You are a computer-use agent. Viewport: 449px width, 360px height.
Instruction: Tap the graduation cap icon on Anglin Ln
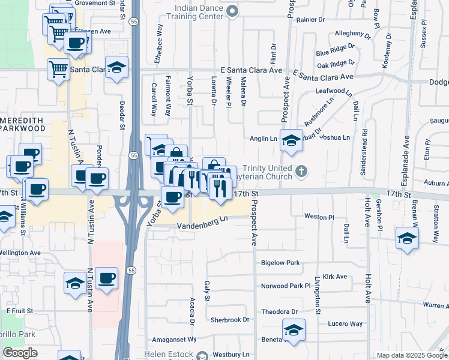click(x=291, y=140)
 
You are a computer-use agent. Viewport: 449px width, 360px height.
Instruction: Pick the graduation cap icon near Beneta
click(x=294, y=330)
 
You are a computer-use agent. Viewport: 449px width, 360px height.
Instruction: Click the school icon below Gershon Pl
click(x=407, y=238)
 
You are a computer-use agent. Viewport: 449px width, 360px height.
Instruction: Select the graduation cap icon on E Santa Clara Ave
click(x=117, y=67)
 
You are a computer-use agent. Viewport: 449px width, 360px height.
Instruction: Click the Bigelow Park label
click(x=280, y=263)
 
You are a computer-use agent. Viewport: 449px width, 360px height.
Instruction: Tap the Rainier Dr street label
click(x=310, y=19)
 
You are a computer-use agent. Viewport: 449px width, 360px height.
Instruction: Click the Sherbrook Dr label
click(x=227, y=320)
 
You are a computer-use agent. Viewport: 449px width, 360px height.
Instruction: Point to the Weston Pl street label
click(x=318, y=216)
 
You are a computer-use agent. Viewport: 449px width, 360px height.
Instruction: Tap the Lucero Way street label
click(x=345, y=323)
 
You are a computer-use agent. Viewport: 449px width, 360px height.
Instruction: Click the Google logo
click(x=20, y=353)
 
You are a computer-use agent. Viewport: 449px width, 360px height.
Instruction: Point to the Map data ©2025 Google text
click(x=411, y=355)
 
